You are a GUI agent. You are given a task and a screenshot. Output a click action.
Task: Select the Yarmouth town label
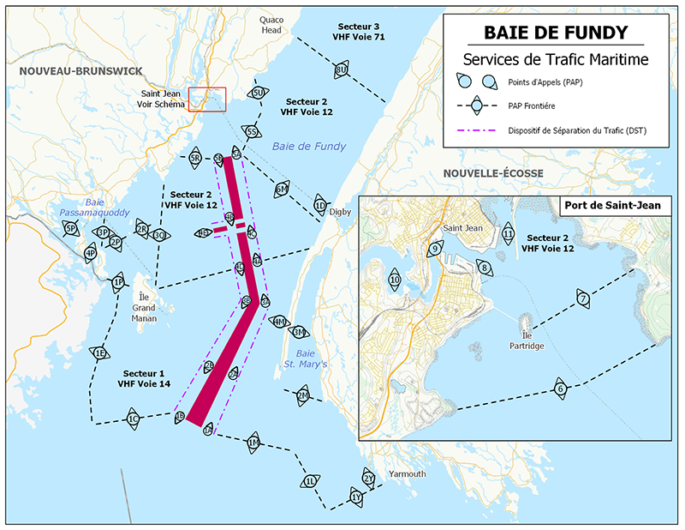pyautogui.click(x=406, y=474)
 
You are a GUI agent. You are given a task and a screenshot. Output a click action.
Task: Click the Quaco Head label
pyautogui.click(x=271, y=24)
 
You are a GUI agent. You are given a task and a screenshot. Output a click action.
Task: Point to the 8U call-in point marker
pyautogui.click(x=341, y=69)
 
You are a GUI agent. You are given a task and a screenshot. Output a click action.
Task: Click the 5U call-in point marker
pyautogui.click(x=258, y=93)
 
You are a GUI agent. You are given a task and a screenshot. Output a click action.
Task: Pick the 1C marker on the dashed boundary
pyautogui.click(x=133, y=419)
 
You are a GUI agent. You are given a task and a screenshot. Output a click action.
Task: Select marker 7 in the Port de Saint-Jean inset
pyautogui.click(x=582, y=299)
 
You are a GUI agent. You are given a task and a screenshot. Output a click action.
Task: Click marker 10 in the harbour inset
pyautogui.click(x=395, y=280)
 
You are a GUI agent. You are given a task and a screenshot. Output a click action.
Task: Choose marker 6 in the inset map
pyautogui.click(x=561, y=388)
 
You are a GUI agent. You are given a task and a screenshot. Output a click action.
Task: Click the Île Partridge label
pyautogui.click(x=527, y=339)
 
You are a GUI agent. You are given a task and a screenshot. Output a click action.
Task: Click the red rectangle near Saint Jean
pyautogui.click(x=206, y=99)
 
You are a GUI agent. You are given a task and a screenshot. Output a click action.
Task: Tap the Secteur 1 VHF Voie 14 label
pyautogui.click(x=143, y=379)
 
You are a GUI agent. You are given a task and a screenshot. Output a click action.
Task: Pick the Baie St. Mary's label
pyautogui.click(x=307, y=359)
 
